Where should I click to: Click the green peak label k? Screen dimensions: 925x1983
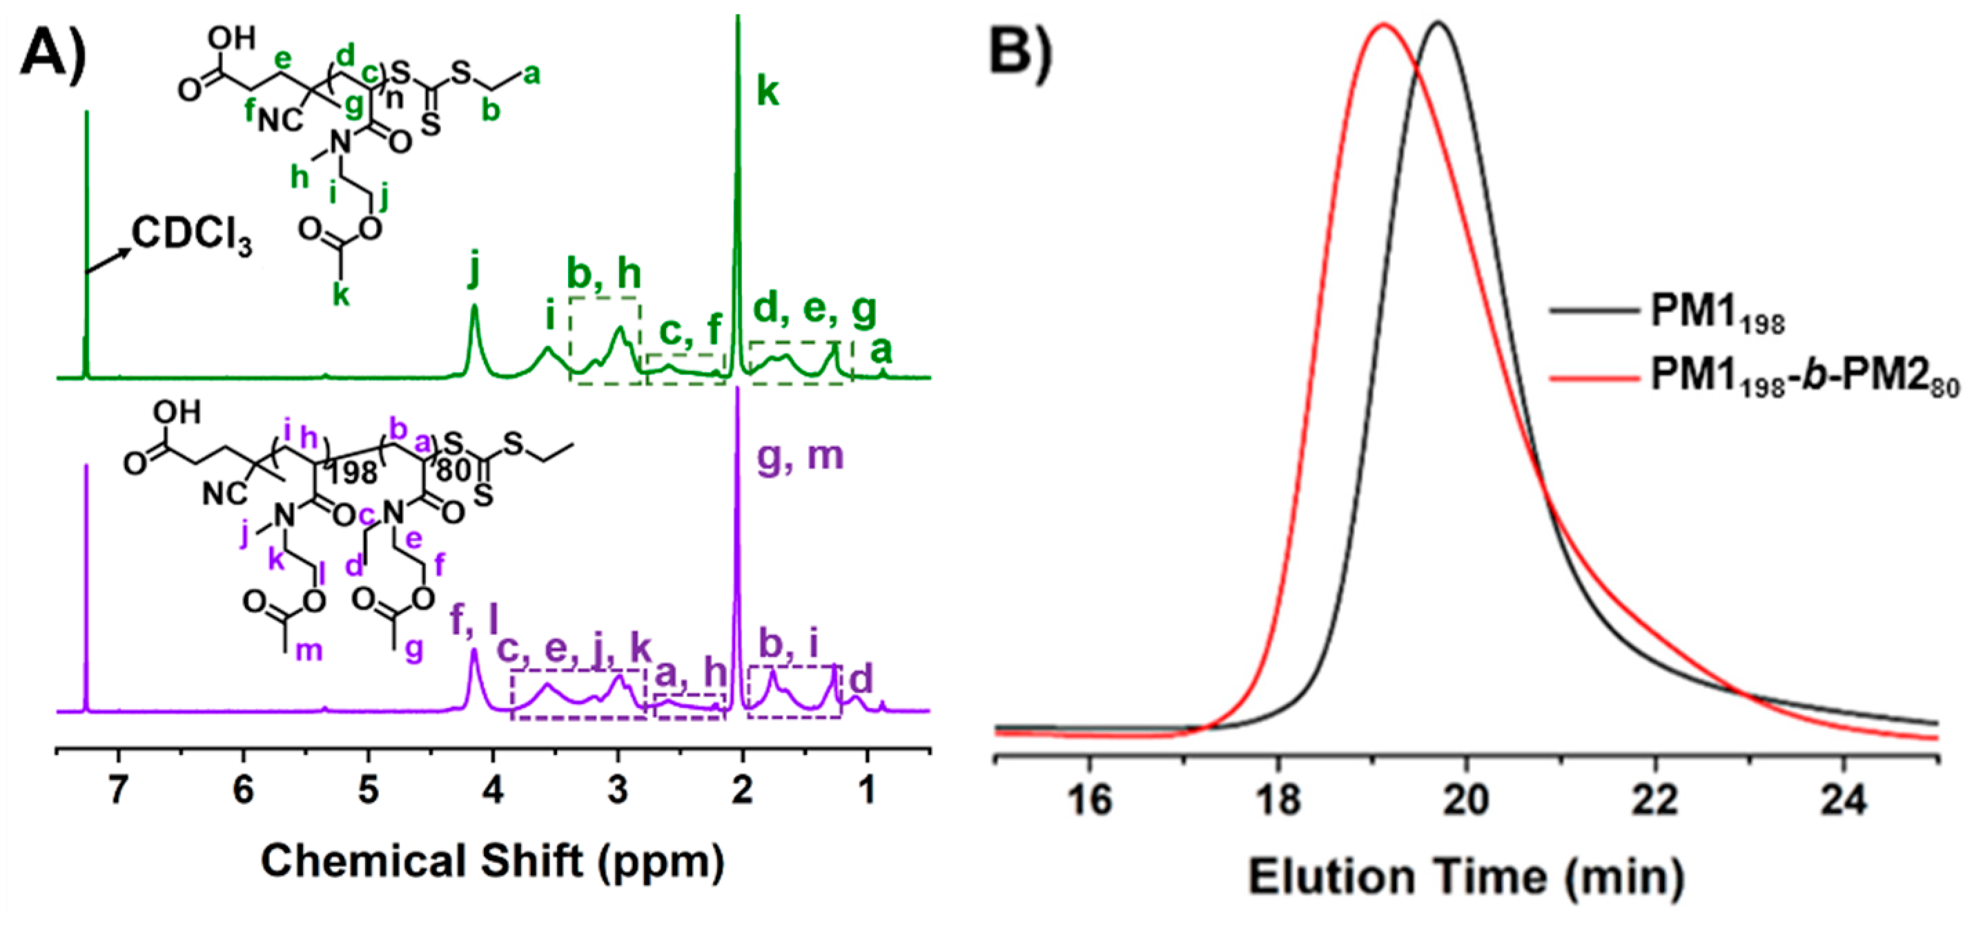tap(768, 92)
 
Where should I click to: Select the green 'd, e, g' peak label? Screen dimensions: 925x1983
tap(814, 309)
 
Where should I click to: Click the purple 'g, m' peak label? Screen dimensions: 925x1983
tap(801, 455)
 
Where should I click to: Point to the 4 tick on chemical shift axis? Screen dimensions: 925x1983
tap(494, 790)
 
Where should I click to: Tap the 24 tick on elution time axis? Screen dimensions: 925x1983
tap(1843, 800)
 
